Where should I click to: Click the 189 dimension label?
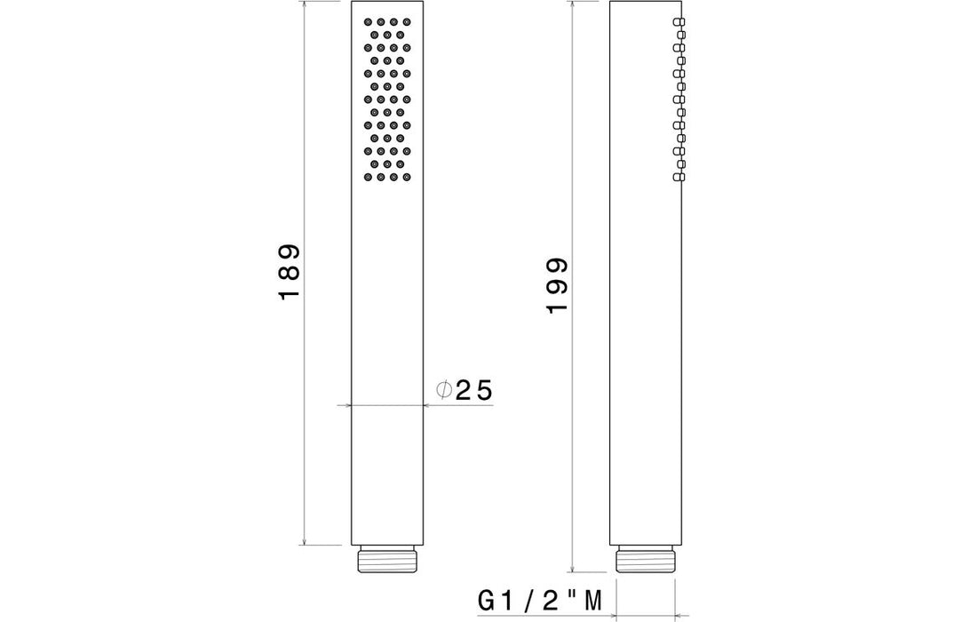click(290, 272)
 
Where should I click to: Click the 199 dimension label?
click(557, 285)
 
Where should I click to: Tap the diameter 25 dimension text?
click(465, 390)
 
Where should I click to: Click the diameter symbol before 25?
click(443, 390)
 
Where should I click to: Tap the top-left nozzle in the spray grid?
click(368, 21)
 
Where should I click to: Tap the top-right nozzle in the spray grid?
click(406, 21)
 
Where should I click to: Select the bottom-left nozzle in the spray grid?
click(368, 177)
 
